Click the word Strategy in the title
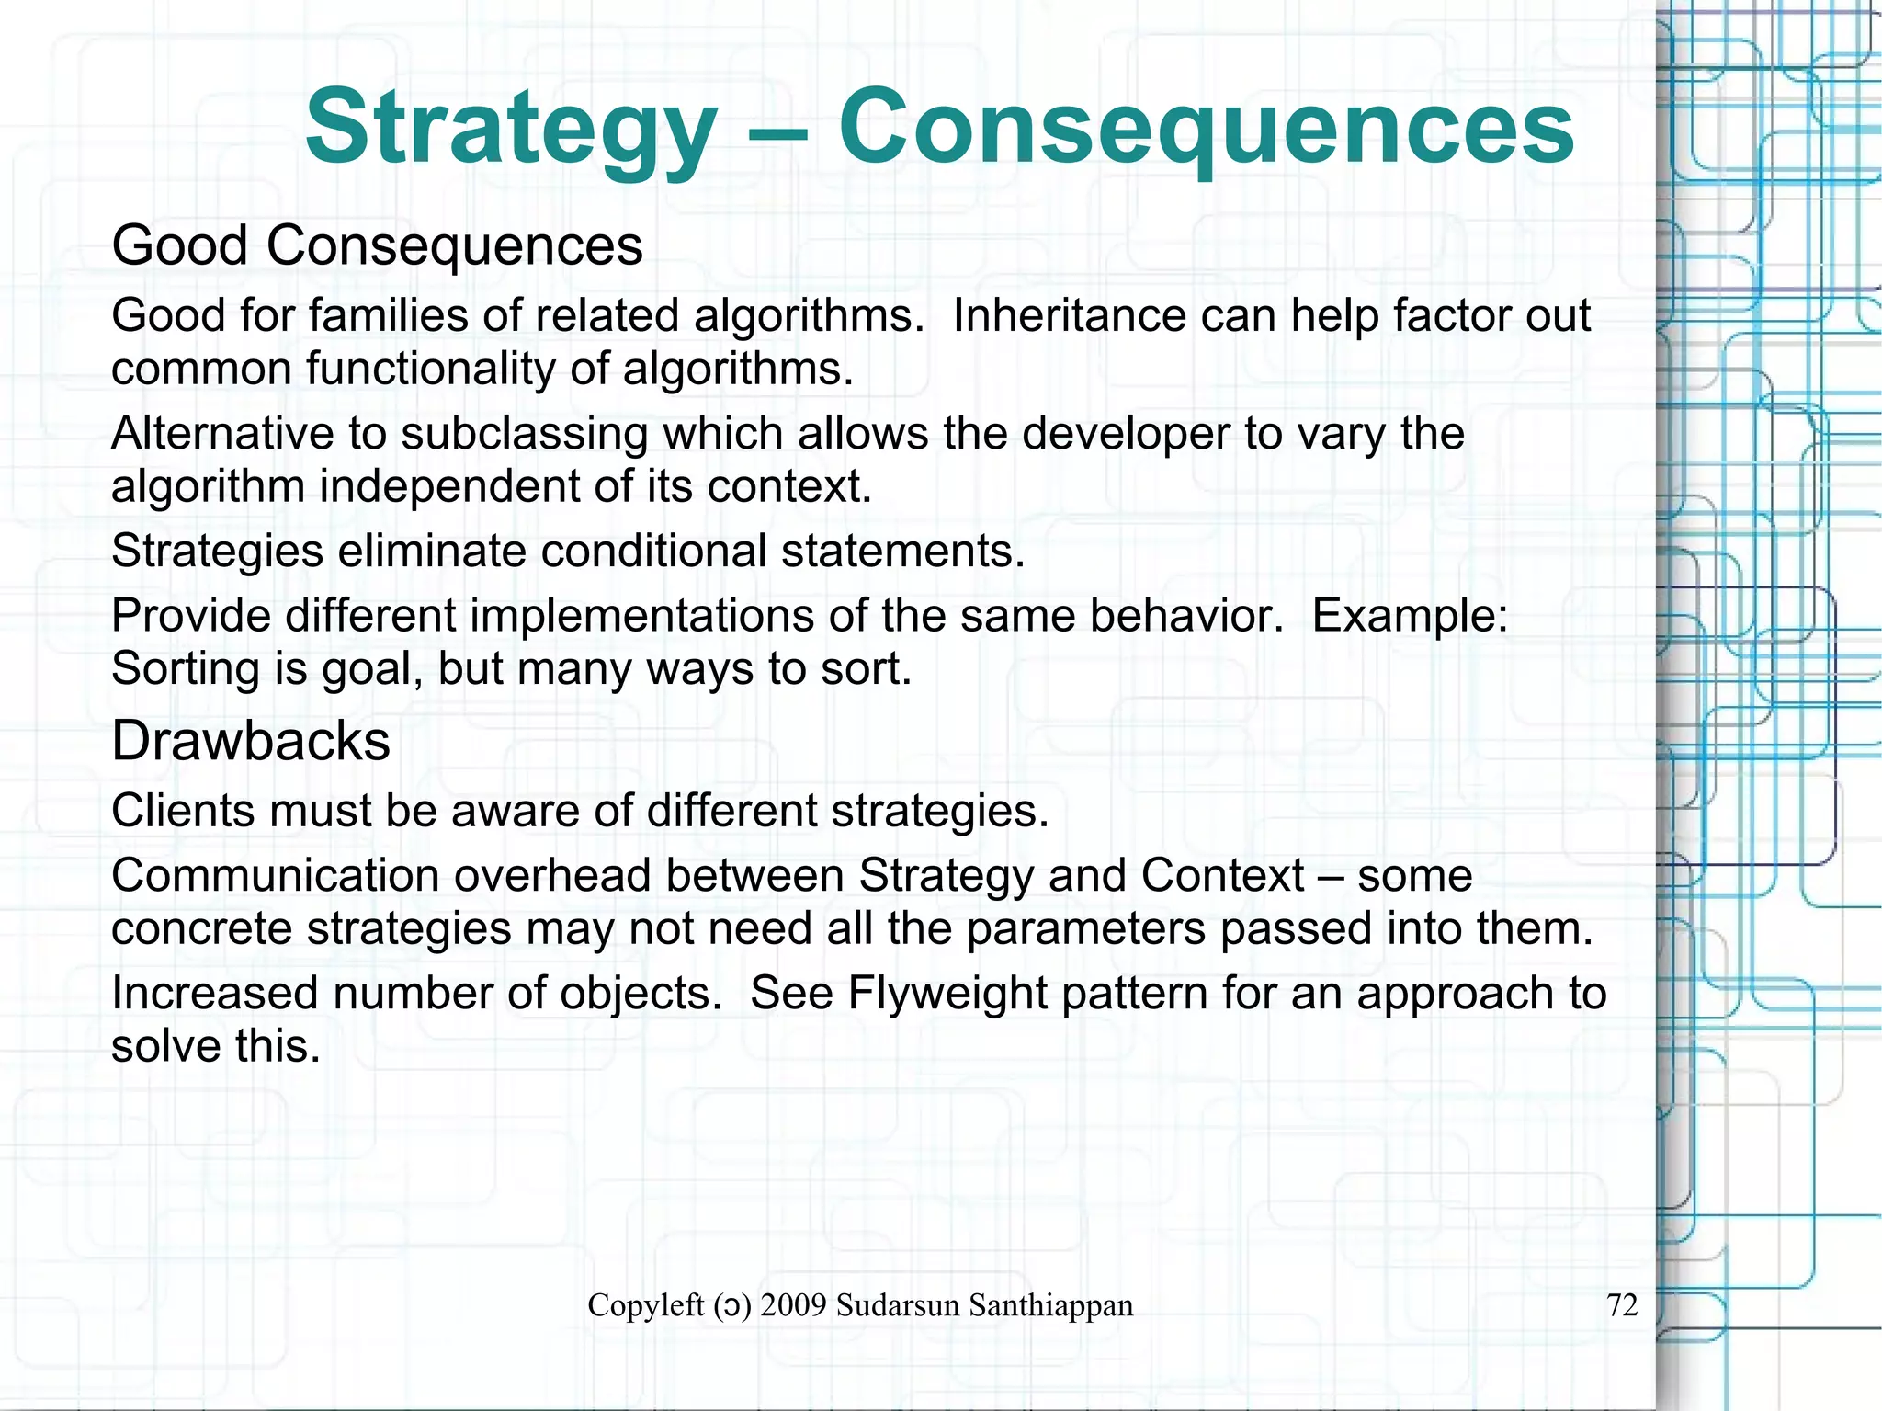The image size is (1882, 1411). point(511,129)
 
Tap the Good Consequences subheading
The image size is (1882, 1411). point(377,246)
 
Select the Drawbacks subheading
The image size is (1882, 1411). point(251,741)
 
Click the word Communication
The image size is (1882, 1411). point(275,875)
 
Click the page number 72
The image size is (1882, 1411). point(1622,1305)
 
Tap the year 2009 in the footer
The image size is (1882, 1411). point(794,1305)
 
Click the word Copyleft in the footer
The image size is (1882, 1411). point(645,1305)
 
